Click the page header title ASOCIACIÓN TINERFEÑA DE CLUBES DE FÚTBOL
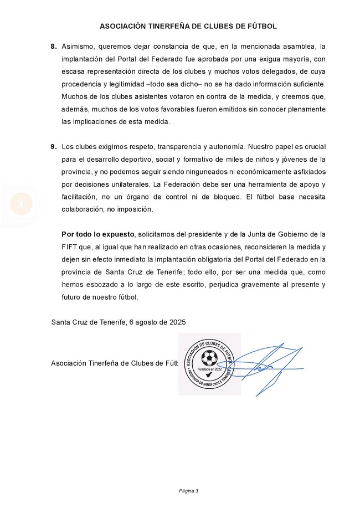click(188, 26)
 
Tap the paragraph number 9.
click(53, 147)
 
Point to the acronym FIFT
click(70, 247)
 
